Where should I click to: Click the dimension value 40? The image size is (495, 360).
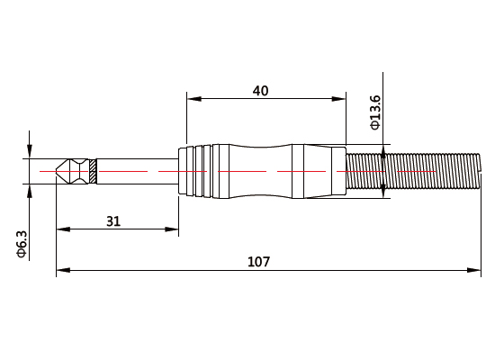click(x=260, y=90)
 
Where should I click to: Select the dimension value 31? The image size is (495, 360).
click(x=112, y=221)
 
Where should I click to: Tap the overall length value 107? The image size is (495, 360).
click(x=258, y=262)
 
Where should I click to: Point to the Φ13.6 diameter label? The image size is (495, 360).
click(x=375, y=112)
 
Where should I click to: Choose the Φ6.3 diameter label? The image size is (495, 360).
click(x=22, y=243)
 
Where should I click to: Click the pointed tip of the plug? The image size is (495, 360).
click(x=58, y=171)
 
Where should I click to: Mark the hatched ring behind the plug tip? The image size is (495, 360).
click(x=92, y=171)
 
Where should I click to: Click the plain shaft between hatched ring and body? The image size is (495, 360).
click(x=135, y=171)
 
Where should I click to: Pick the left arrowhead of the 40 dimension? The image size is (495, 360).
click(x=191, y=99)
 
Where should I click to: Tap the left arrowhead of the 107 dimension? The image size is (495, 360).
click(x=61, y=269)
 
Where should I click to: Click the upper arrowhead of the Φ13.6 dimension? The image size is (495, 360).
click(x=385, y=150)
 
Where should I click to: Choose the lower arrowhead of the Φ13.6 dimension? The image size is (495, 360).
click(x=385, y=191)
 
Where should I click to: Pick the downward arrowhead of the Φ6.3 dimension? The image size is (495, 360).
click(x=30, y=153)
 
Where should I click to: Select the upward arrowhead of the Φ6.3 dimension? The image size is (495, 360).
click(x=30, y=190)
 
